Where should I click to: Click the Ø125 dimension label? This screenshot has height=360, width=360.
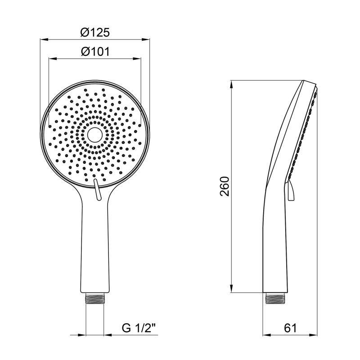coord(95,32)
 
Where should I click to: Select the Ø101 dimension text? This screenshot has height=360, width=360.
coord(95,52)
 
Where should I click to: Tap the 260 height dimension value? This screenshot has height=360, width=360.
coord(225,186)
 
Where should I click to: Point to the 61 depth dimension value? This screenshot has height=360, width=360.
coord(291,328)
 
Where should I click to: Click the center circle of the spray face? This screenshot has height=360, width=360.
coord(95,134)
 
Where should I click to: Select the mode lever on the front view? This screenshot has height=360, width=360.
coord(97,188)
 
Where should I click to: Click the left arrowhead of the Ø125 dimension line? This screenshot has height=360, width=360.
coord(44,40)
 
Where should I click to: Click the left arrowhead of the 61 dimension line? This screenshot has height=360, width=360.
coord(265,335)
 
